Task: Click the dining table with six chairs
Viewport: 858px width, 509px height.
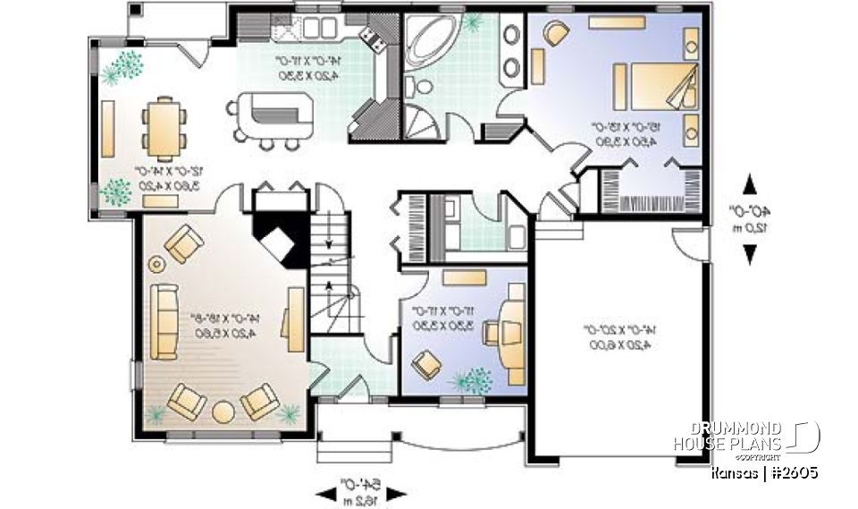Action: point(165,125)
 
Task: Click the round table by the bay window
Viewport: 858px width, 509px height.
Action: point(223,411)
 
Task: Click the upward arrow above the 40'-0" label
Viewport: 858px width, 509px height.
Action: point(749,183)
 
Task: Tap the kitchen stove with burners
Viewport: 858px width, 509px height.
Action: point(371,37)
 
